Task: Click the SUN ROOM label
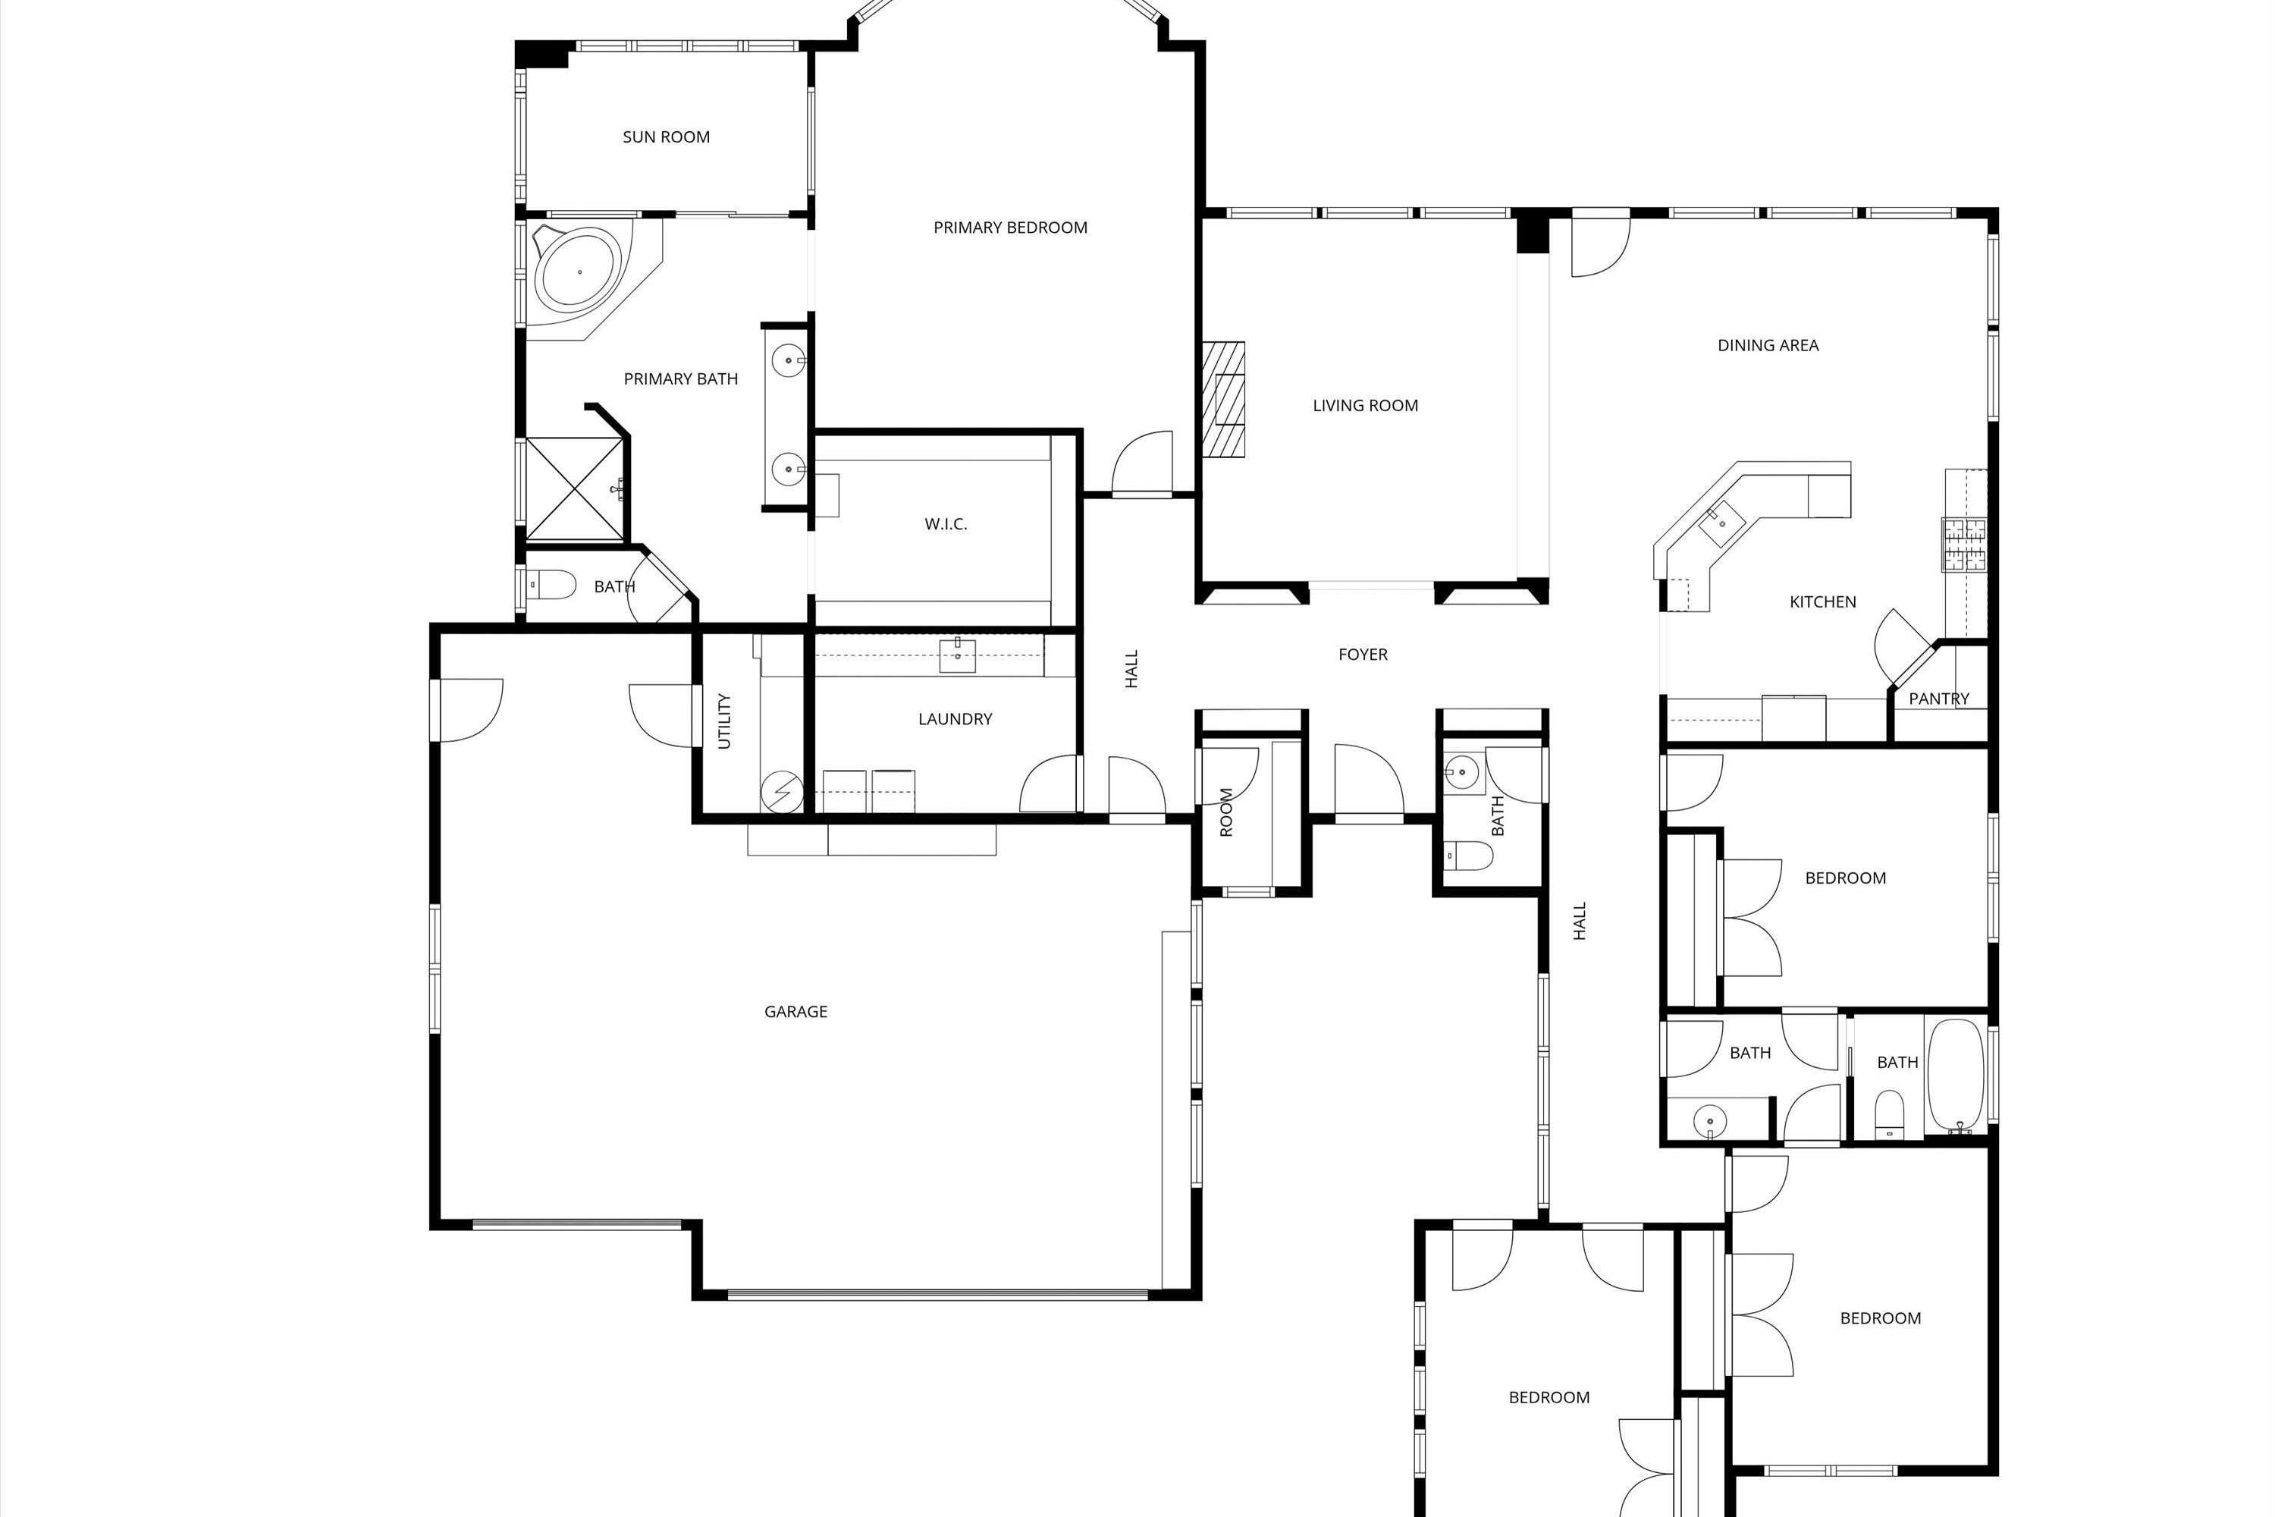click(666, 137)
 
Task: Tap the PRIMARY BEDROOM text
click(1010, 228)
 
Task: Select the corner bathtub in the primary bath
click(579, 273)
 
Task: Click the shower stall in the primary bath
click(575, 488)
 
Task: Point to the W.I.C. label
click(945, 524)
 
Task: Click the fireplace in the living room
click(1225, 399)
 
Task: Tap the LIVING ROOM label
click(1365, 405)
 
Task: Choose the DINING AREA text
click(1767, 345)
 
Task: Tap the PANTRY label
click(1938, 699)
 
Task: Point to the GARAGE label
click(795, 1012)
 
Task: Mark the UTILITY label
click(724, 721)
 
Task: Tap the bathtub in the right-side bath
click(1956, 1075)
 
